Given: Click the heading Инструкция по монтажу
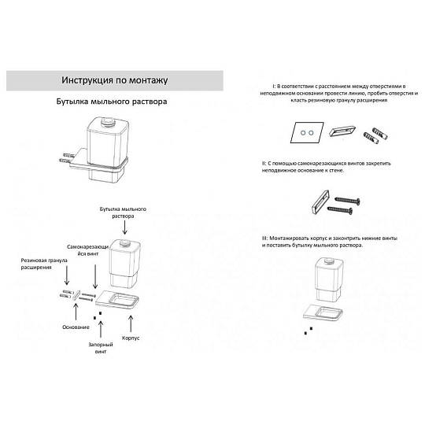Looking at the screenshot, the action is (115, 80).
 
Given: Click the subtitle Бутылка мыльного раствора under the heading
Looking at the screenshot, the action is (112, 102).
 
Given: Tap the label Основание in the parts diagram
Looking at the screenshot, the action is (76, 327).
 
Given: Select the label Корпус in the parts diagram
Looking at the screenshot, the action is (131, 338).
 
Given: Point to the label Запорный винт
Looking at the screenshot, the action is (101, 348).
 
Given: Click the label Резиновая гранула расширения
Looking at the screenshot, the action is (44, 264).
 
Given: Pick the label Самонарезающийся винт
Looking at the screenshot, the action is (87, 250).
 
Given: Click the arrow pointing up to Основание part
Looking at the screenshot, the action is (76, 312).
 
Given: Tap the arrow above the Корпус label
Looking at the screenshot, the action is (131, 323).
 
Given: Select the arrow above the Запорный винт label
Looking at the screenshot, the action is (101, 329).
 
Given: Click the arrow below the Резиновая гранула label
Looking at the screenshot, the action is (67, 275).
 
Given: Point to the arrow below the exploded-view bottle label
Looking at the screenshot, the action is (124, 227).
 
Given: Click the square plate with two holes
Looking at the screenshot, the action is (307, 132).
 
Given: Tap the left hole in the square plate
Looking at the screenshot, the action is (303, 133).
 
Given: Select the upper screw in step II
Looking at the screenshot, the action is (348, 201).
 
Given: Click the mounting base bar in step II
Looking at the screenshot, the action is (320, 202).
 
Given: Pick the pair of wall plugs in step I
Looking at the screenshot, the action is (375, 135).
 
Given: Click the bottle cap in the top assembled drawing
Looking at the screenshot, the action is (108, 121).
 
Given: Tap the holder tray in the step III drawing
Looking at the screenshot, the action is (323, 313).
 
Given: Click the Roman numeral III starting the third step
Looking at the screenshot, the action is (264, 238).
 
